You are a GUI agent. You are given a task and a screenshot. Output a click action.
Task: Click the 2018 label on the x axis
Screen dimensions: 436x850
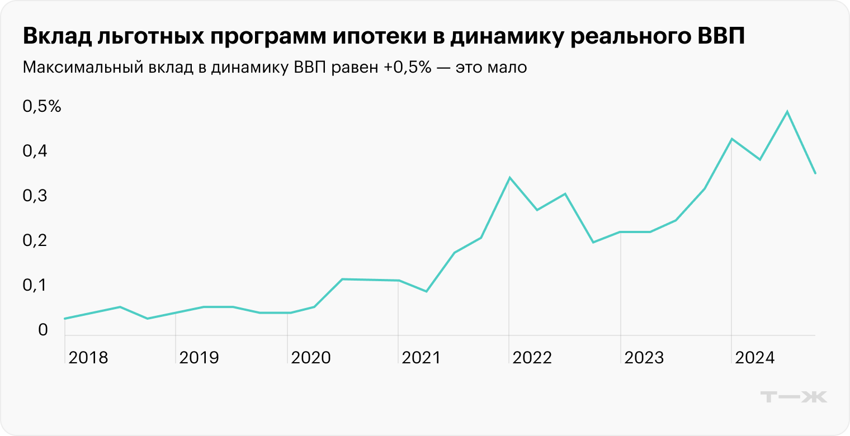tap(88, 358)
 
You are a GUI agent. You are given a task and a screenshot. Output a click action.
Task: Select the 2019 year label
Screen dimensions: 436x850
tap(199, 358)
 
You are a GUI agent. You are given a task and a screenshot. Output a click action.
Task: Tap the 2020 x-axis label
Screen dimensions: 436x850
tap(310, 358)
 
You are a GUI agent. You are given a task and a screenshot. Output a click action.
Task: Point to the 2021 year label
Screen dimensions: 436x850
tap(421, 358)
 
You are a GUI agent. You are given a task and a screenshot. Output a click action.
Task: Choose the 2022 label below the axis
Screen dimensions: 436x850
tap(532, 358)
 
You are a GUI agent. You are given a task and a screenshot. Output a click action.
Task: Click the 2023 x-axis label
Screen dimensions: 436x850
tap(644, 358)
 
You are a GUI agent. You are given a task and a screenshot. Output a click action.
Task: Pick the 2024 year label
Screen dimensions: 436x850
tap(754, 358)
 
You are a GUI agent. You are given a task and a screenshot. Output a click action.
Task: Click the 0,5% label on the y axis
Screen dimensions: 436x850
tap(42, 107)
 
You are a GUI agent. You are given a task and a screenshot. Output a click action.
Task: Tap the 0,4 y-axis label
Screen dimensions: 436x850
tap(35, 151)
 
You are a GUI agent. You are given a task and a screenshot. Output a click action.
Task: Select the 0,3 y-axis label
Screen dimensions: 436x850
tap(35, 196)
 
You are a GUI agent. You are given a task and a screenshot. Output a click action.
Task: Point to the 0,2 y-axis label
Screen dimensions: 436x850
tap(35, 241)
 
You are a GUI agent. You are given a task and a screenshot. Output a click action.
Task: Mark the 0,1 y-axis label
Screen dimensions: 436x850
tap(35, 286)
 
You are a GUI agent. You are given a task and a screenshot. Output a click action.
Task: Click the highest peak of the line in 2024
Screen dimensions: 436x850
tap(787, 112)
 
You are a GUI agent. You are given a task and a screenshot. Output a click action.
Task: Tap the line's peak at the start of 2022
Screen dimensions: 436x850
tap(509, 178)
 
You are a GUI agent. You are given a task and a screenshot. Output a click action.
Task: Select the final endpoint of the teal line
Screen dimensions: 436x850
tap(815, 173)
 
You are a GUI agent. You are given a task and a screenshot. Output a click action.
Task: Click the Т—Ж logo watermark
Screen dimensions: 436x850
tap(795, 397)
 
